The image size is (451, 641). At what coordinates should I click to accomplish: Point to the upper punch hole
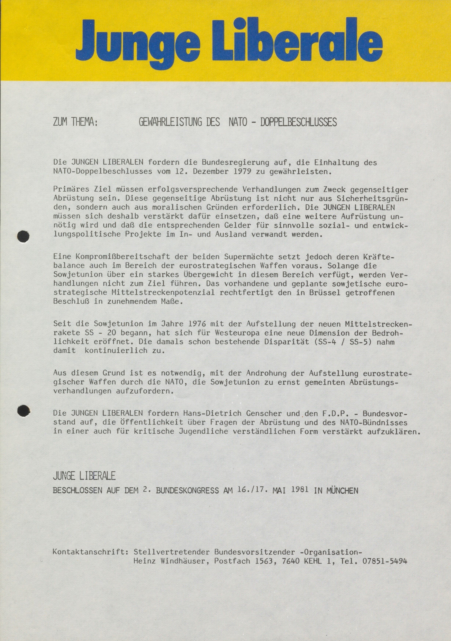pyautogui.click(x=23, y=237)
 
